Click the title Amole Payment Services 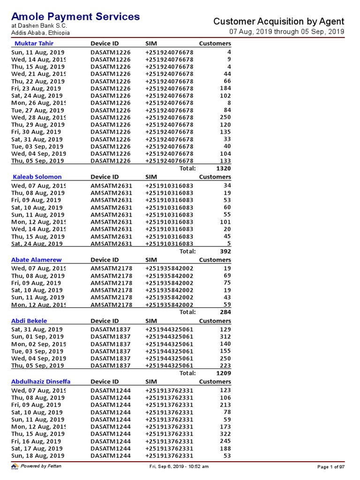pyautogui.click(x=75, y=17)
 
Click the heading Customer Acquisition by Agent pyautogui.click(x=278, y=22)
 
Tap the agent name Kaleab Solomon pyautogui.click(x=37, y=177)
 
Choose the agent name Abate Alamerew pyautogui.click(x=37, y=260)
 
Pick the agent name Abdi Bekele pyautogui.click(x=30, y=321)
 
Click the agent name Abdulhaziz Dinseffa pyautogui.click(x=41, y=382)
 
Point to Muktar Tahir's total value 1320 pyautogui.click(x=223, y=168)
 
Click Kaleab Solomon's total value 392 pyautogui.click(x=225, y=251)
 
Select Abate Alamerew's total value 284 pyautogui.click(x=225, y=312)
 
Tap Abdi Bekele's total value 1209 pyautogui.click(x=223, y=374)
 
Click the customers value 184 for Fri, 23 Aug pyautogui.click(x=225, y=89)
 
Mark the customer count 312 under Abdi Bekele pyautogui.click(x=225, y=337)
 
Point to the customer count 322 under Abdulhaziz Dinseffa pyautogui.click(x=225, y=434)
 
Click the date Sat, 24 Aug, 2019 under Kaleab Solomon pyautogui.click(x=37, y=244)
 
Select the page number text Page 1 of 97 pyautogui.click(x=331, y=467)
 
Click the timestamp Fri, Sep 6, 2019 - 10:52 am pyautogui.click(x=179, y=467)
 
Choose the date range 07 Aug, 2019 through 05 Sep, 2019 pyautogui.click(x=286, y=32)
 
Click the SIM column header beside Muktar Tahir pyautogui.click(x=151, y=44)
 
